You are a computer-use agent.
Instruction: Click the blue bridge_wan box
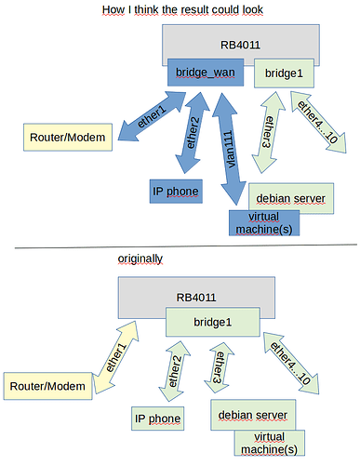click(204, 72)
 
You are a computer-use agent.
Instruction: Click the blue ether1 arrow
click(148, 121)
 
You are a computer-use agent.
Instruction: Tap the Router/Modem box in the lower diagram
click(46, 384)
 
